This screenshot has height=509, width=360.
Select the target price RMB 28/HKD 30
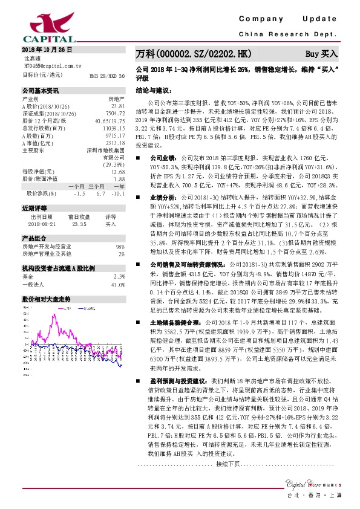[107, 76]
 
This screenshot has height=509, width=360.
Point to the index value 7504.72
[115, 113]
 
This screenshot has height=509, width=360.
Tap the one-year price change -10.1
[118, 193]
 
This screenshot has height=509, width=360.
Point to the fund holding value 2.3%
[119, 276]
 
